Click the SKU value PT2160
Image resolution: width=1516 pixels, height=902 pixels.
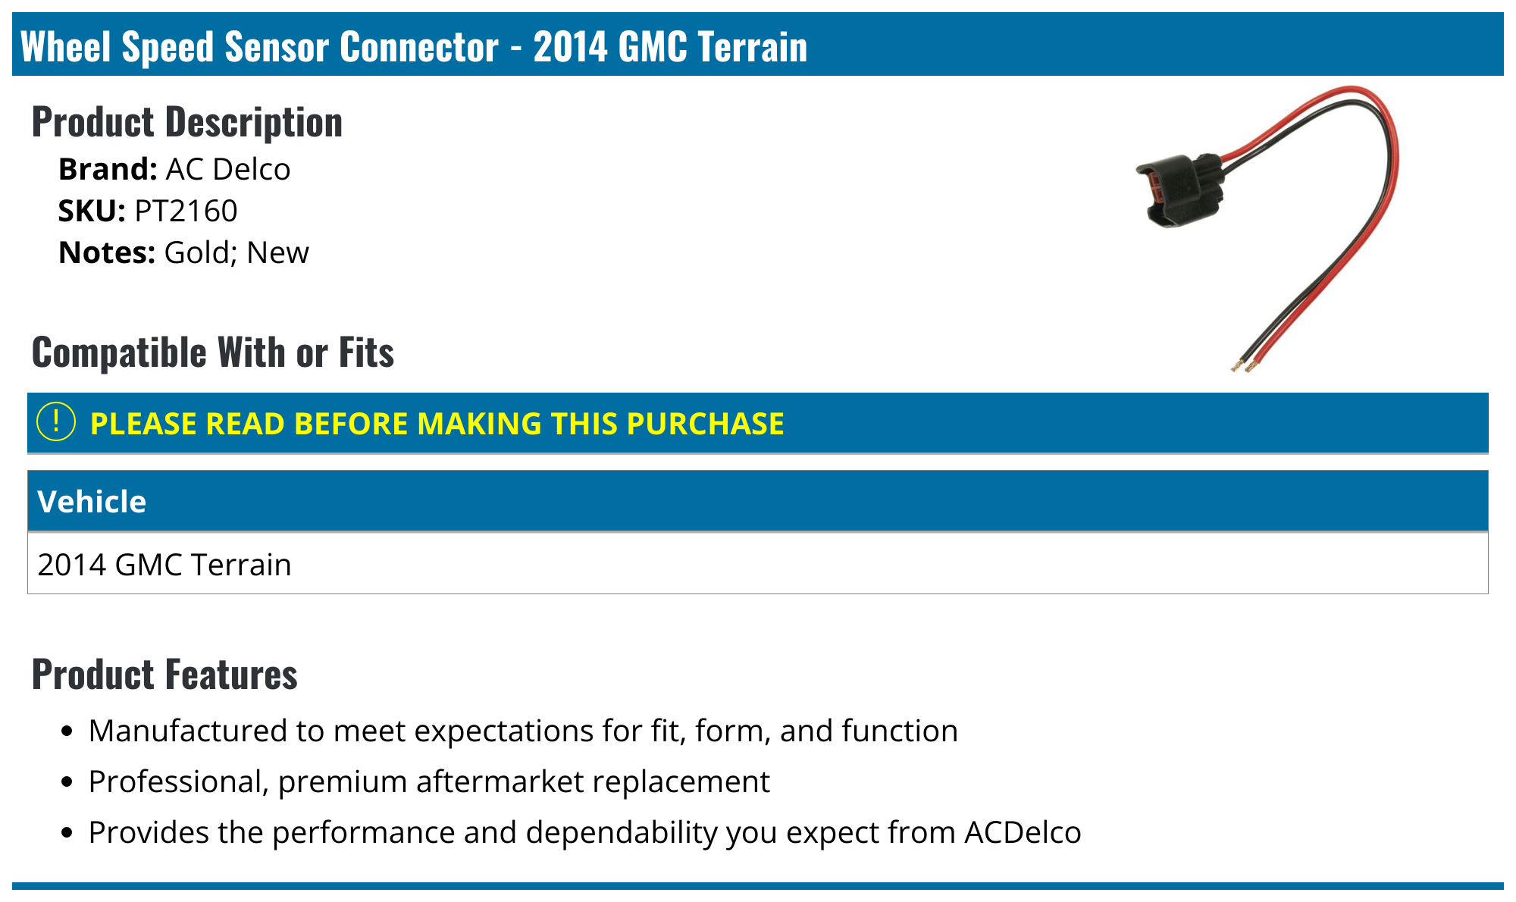(x=186, y=211)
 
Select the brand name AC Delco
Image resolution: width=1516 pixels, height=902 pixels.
(x=227, y=169)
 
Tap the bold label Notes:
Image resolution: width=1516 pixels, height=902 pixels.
(x=107, y=252)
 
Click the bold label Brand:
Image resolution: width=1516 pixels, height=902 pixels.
(x=108, y=169)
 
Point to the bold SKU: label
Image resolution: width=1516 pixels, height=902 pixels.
(x=92, y=211)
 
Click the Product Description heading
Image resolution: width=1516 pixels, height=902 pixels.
(x=187, y=122)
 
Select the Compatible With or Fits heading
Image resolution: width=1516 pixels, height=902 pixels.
(x=213, y=352)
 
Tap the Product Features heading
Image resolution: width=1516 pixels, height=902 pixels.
(x=164, y=674)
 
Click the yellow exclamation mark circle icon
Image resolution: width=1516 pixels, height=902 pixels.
(x=56, y=422)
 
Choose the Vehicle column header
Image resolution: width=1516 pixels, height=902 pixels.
(x=92, y=502)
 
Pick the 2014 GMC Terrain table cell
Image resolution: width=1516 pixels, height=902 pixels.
(x=164, y=565)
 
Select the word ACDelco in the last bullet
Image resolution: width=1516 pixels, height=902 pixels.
(x=1023, y=832)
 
